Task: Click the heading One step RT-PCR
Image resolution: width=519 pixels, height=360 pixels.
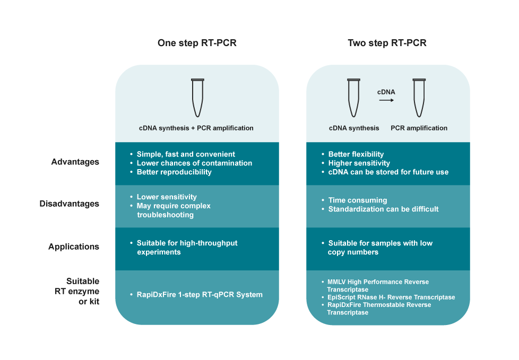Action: click(x=197, y=43)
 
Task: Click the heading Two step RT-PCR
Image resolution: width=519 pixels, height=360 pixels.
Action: click(x=387, y=43)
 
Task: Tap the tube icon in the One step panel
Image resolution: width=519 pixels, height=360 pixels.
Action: click(x=197, y=98)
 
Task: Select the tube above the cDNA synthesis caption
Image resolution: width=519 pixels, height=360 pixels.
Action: click(x=354, y=98)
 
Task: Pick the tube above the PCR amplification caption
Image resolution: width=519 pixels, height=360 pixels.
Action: click(x=419, y=98)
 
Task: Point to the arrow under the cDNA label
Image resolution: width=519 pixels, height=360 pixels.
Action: click(x=386, y=101)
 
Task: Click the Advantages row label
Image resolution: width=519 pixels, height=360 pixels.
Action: click(x=75, y=162)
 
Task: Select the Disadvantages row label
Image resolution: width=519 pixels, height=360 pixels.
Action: click(x=69, y=204)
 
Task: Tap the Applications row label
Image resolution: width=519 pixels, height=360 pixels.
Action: click(x=73, y=247)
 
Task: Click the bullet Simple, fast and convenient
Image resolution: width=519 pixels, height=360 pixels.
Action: click(x=186, y=154)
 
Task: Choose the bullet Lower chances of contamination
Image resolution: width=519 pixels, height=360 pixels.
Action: click(x=194, y=163)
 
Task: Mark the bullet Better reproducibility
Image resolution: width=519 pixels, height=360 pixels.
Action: click(x=174, y=172)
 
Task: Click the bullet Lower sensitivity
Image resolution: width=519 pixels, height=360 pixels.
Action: click(x=167, y=197)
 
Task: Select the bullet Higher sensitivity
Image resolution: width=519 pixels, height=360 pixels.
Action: click(x=359, y=163)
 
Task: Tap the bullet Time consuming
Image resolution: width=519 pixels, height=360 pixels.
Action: click(x=357, y=200)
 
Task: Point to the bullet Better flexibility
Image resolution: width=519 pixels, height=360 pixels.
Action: click(x=356, y=154)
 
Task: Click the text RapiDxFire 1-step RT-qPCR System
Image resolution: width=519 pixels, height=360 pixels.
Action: click(x=200, y=294)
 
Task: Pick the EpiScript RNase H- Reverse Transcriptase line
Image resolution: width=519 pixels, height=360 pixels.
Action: click(x=391, y=297)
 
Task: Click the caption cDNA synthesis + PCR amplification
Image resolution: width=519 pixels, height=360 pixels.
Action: click(x=196, y=128)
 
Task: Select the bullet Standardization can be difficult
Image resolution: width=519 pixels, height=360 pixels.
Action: click(x=383, y=209)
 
